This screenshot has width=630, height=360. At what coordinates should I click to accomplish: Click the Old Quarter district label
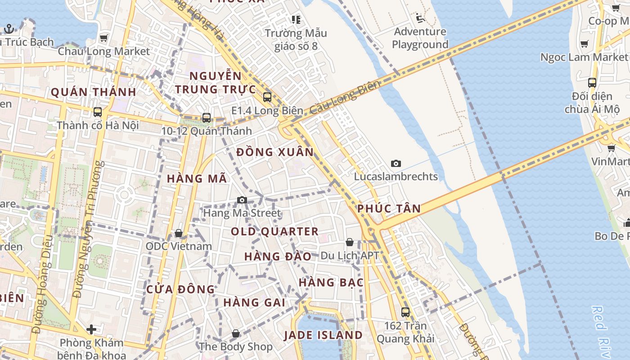tap(274, 232)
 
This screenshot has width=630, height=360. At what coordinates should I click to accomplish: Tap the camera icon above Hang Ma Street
tap(242, 200)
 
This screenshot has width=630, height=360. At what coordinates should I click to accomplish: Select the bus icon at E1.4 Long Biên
tap(267, 97)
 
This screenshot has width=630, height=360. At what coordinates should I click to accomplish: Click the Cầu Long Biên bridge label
tap(345, 98)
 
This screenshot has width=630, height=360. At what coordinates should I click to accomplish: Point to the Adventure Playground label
tap(420, 38)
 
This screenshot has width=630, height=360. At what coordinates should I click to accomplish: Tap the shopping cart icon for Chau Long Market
tap(103, 38)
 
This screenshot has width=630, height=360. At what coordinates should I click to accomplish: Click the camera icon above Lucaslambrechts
tap(396, 163)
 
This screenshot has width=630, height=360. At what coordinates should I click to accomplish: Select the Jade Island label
tap(323, 335)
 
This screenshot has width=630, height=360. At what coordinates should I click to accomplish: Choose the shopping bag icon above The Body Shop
tap(236, 333)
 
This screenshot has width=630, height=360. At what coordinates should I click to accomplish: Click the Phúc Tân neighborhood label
tap(389, 208)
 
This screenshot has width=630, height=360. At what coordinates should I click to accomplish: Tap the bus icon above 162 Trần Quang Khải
tap(405, 312)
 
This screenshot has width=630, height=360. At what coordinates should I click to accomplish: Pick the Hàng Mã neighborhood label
tap(197, 179)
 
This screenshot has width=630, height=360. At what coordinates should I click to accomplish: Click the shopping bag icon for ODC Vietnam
tap(179, 233)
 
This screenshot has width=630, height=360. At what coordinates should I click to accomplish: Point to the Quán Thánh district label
tap(93, 92)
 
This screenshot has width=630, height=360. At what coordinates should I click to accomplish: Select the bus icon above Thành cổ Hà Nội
tap(97, 112)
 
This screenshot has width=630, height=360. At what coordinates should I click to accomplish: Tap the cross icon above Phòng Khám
tap(91, 329)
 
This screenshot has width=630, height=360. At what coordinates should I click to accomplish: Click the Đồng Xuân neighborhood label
tap(275, 152)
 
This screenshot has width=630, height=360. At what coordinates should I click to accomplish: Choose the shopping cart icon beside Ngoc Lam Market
tap(585, 44)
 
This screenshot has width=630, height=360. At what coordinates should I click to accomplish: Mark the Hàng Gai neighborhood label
tap(254, 302)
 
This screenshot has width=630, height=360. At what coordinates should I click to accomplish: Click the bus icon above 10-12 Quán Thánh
tap(207, 118)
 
